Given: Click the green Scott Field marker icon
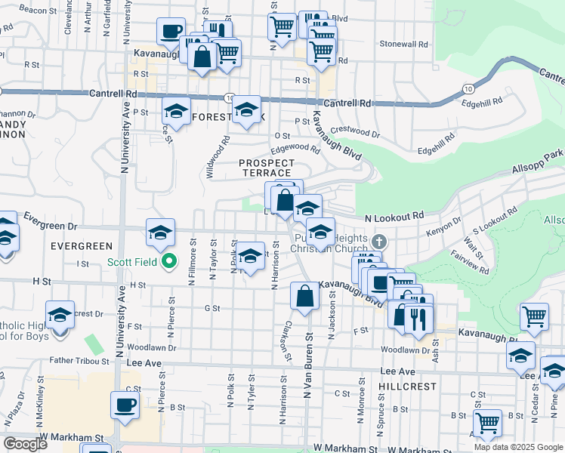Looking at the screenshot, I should (170, 263).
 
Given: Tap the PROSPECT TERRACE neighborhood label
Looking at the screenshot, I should (266, 168).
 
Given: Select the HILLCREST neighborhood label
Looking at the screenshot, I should (409, 386).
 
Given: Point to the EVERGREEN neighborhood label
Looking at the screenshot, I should (82, 246).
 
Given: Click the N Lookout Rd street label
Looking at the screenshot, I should (394, 217).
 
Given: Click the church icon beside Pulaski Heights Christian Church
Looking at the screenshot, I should (379, 242).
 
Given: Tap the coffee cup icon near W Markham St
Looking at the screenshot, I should (125, 405).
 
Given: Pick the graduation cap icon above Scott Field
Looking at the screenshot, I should (161, 233).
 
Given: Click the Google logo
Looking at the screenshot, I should (26, 444).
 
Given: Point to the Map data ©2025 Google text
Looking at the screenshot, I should (519, 447).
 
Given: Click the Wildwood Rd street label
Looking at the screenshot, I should (218, 157).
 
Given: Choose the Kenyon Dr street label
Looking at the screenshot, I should (444, 227).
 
